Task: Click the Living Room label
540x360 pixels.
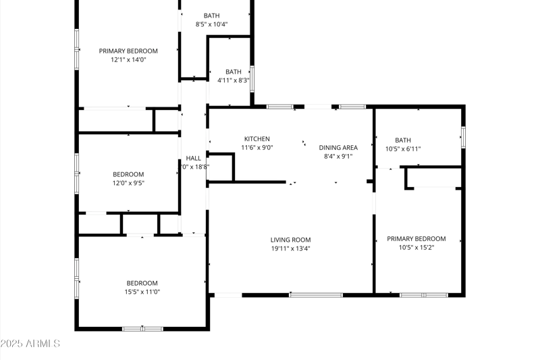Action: coord(290,240)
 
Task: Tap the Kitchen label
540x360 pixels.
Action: coord(256,138)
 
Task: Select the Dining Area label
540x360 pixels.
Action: coord(338,147)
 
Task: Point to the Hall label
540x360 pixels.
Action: coord(194,158)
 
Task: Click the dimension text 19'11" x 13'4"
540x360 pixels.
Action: coord(290,249)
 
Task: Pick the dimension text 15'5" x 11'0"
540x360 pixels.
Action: coord(142,292)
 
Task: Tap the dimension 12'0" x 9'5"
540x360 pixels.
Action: coord(128,182)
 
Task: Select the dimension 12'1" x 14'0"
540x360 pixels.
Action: coord(128,59)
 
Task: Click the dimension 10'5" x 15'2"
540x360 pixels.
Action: coord(416,247)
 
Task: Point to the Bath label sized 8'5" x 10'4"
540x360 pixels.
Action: coord(211,16)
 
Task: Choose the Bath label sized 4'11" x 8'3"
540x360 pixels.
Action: coord(234,72)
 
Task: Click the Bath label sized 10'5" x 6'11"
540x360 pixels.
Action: coord(403,140)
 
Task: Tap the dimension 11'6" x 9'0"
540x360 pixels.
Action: coord(256,147)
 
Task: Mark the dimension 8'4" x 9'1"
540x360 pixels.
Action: coord(338,156)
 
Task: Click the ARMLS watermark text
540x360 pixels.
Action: coord(30,344)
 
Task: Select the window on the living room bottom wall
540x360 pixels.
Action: coord(316,294)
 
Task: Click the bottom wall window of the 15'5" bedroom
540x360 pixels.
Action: coord(142,329)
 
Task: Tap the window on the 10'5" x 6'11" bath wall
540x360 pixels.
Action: coord(463,136)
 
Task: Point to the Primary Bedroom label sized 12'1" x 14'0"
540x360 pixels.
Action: coord(128,51)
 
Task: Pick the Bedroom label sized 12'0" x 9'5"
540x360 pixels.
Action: coord(128,174)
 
